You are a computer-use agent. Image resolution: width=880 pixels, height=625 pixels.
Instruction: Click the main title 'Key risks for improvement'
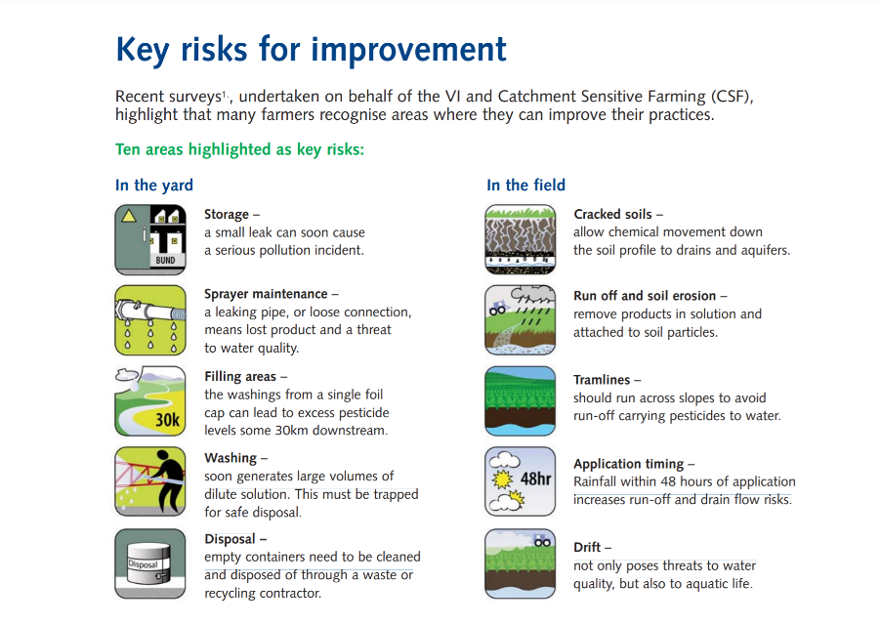pyautogui.click(x=311, y=50)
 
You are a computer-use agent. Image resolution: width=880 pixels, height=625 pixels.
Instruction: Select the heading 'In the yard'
pyautogui.click(x=153, y=186)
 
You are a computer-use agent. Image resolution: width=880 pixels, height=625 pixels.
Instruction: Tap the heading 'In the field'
pyautogui.click(x=525, y=186)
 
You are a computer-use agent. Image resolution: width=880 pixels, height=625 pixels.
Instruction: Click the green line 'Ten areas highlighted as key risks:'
pyautogui.click(x=239, y=149)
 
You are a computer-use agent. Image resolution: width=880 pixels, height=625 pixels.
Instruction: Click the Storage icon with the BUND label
pyautogui.click(x=150, y=239)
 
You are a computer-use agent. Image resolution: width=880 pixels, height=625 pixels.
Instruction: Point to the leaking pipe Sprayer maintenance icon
pyautogui.click(x=150, y=320)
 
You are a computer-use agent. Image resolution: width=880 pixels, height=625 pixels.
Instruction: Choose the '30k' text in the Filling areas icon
pyautogui.click(x=167, y=420)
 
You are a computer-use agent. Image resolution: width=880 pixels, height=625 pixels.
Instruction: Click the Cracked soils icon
pyautogui.click(x=521, y=239)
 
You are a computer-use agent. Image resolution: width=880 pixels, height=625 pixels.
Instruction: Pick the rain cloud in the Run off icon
pyautogui.click(x=532, y=295)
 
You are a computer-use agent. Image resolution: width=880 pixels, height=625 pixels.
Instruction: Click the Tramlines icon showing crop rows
pyautogui.click(x=521, y=401)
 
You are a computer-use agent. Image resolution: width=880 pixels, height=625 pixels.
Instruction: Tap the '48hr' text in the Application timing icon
pyautogui.click(x=535, y=479)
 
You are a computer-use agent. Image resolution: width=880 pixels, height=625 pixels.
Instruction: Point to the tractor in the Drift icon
pyautogui.click(x=542, y=540)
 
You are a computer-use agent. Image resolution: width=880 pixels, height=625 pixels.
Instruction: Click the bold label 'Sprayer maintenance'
pyautogui.click(x=266, y=294)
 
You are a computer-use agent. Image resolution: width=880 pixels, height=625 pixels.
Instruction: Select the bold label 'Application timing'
pyautogui.click(x=629, y=464)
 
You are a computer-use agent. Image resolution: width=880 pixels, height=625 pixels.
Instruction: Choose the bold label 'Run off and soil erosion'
pyautogui.click(x=645, y=296)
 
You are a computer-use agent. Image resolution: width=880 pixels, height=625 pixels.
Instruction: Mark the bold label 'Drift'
pyautogui.click(x=587, y=547)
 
